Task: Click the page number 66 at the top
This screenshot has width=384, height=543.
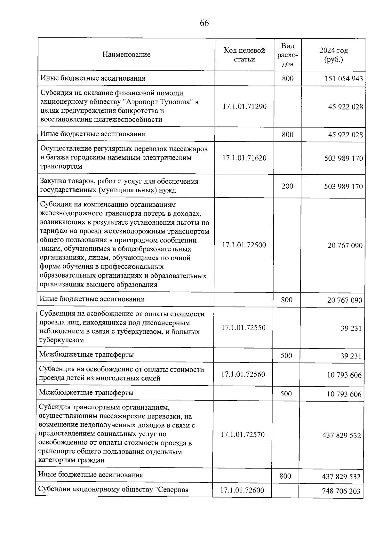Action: [204, 23]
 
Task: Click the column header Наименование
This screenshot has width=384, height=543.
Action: [126, 54]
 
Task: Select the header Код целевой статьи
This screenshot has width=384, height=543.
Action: [244, 55]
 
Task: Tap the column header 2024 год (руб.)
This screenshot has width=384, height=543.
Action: [333, 55]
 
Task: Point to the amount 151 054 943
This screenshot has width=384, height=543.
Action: [344, 79]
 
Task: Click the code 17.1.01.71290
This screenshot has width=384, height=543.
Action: [244, 106]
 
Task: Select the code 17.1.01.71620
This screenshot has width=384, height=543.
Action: [244, 158]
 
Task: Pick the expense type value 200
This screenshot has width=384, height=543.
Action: [287, 186]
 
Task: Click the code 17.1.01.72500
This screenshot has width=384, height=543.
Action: [244, 245]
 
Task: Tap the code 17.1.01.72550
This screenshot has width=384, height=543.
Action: [244, 328]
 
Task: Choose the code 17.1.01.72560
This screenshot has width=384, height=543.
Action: [243, 374]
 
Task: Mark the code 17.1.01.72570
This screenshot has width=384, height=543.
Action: [243, 435]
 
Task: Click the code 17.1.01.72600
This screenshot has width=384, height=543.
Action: [242, 490]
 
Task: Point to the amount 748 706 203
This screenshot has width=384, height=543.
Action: [341, 491]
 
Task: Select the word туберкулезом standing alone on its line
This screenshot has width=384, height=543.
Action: [61, 340]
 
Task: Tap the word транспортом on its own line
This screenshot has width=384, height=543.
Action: [61, 166]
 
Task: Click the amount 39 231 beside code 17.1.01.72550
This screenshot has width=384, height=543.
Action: [351, 328]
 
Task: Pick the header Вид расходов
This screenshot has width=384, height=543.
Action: [287, 55]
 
